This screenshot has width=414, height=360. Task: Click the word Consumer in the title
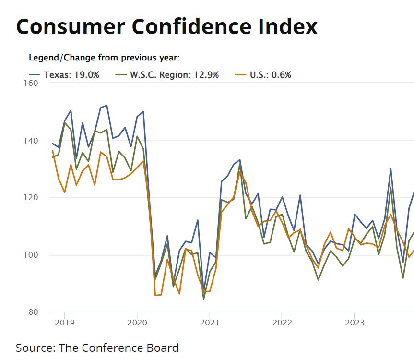click(x=62, y=26)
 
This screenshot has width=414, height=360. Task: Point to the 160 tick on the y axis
click(x=31, y=83)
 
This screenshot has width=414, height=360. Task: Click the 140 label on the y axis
click(x=31, y=141)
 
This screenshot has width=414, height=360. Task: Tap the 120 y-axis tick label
click(x=31, y=198)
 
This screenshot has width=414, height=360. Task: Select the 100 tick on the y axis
click(x=31, y=255)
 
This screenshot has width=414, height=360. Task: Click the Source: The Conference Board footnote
click(x=97, y=348)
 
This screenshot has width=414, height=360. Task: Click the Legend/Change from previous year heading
click(x=104, y=58)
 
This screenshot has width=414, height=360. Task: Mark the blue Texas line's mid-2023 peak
click(x=390, y=168)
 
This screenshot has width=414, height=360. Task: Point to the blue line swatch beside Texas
click(x=35, y=75)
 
